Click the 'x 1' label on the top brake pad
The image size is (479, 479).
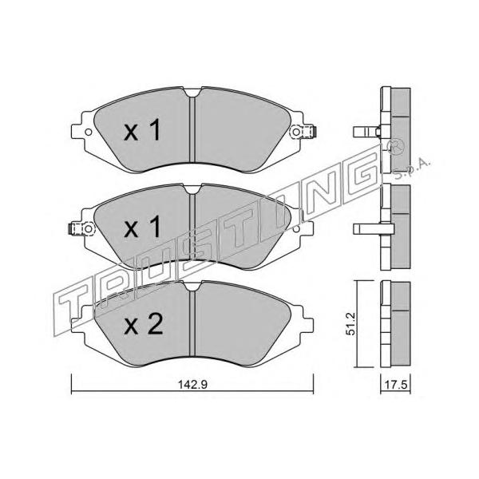point(142,130)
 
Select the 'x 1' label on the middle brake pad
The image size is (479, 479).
point(142,227)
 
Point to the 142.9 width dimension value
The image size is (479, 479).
point(192,385)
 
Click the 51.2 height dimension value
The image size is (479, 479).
point(351,324)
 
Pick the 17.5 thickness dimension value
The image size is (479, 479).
point(396,385)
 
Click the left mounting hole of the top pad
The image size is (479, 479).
point(89,133)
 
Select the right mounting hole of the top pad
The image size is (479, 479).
point(296,132)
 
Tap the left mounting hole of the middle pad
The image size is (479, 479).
point(89,228)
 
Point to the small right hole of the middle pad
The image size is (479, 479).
point(295,228)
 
